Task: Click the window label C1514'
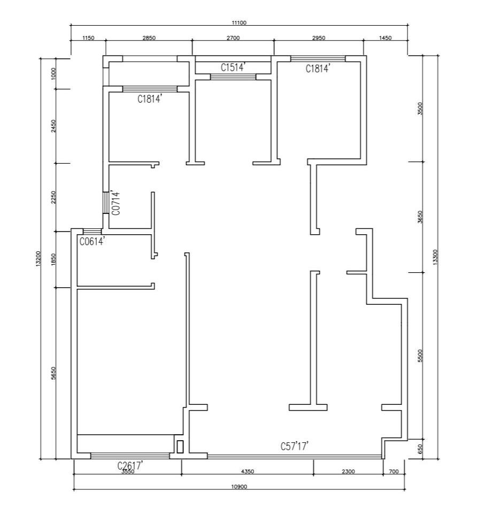click(x=233, y=67)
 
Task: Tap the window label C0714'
click(x=116, y=203)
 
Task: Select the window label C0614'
click(x=93, y=241)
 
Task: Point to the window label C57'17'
click(x=294, y=446)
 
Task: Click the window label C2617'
click(x=130, y=465)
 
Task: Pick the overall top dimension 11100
click(x=239, y=22)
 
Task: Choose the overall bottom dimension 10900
click(x=239, y=487)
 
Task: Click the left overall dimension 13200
click(x=39, y=258)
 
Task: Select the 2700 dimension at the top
click(x=233, y=38)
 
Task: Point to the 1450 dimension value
click(x=386, y=38)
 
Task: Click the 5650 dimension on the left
click(x=54, y=373)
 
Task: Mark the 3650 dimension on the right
click(x=420, y=217)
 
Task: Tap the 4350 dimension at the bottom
click(x=248, y=471)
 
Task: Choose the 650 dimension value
click(x=420, y=449)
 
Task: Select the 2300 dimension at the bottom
click(x=348, y=471)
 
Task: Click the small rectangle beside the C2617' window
click(x=180, y=447)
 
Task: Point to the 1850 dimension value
click(x=54, y=259)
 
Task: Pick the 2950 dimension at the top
click(x=318, y=38)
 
